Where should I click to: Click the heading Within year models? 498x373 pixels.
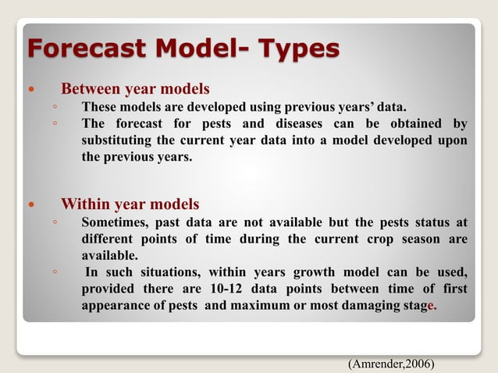pyautogui.click(x=130, y=204)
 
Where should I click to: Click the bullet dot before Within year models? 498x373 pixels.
pyautogui.click(x=32, y=205)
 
